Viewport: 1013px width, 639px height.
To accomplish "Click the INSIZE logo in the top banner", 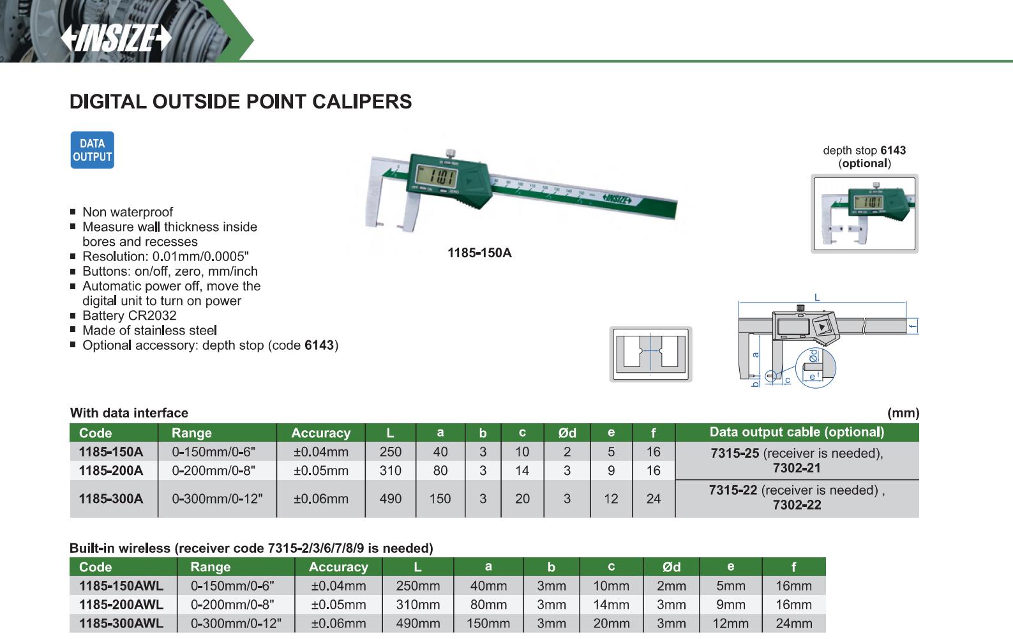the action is tap(116, 38).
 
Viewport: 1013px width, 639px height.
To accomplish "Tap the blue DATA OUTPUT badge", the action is tap(93, 150).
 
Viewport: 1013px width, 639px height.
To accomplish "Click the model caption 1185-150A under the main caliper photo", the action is tap(479, 253).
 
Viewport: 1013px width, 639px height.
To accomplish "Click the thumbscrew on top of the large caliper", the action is tap(450, 154).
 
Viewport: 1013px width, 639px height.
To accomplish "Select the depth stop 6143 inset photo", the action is tap(864, 213).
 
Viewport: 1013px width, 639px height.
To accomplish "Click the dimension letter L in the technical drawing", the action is tap(817, 297).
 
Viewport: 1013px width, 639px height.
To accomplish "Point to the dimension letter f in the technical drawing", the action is tap(913, 326).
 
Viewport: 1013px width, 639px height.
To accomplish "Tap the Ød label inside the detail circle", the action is tap(814, 356).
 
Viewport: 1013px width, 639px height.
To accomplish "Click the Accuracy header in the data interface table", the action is tap(320, 433).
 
